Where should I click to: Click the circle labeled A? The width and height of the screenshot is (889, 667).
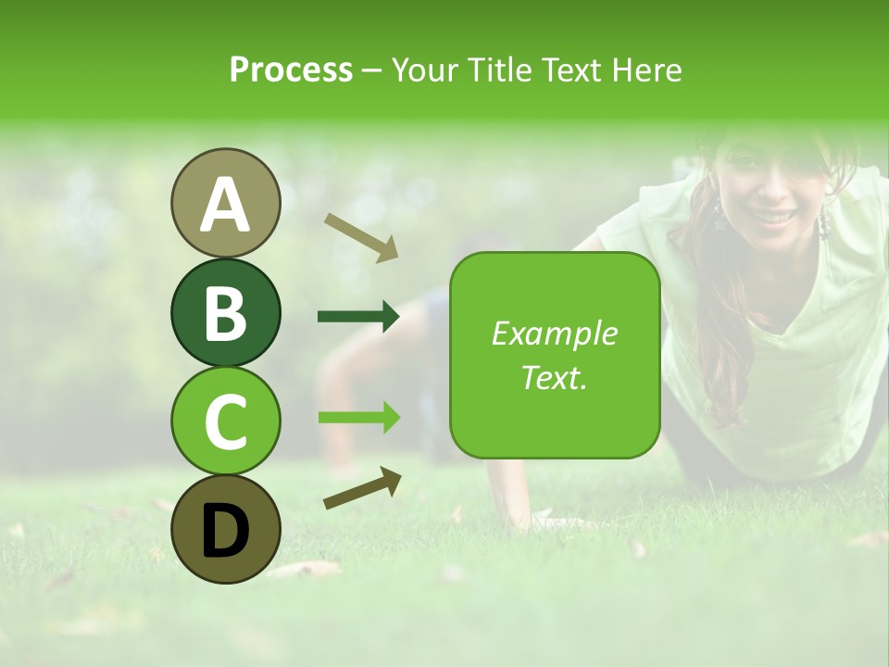coord(225,203)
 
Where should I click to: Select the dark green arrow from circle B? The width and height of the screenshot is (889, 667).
coord(358,317)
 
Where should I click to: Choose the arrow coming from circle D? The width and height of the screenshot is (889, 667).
coord(362,488)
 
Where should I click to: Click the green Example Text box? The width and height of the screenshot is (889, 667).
coord(555,356)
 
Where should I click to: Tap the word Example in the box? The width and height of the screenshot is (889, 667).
coord(555,333)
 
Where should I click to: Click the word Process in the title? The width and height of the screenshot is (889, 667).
coord(291,69)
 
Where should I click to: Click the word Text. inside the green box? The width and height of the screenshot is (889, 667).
coord(555,378)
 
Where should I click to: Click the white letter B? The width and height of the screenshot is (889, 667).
coord(225,312)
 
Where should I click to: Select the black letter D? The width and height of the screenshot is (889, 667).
coord(225,529)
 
